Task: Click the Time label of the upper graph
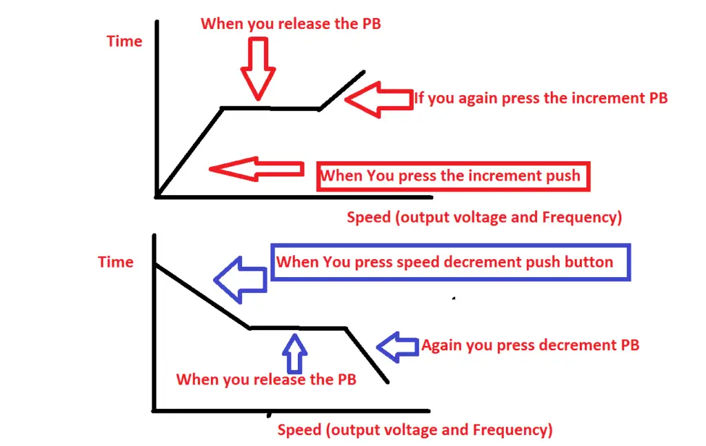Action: tap(125, 41)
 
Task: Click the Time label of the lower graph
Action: tap(116, 262)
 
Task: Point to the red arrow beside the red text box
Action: tap(256, 169)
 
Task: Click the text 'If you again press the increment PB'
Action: tap(541, 98)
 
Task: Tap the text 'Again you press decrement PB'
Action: tap(530, 345)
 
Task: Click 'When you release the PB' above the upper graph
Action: tap(291, 23)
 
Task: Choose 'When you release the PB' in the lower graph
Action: tap(266, 379)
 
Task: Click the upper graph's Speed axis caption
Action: tap(484, 217)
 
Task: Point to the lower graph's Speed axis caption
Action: tap(415, 430)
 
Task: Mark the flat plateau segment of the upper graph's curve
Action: tap(270, 108)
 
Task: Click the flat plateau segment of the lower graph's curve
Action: tap(297, 328)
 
